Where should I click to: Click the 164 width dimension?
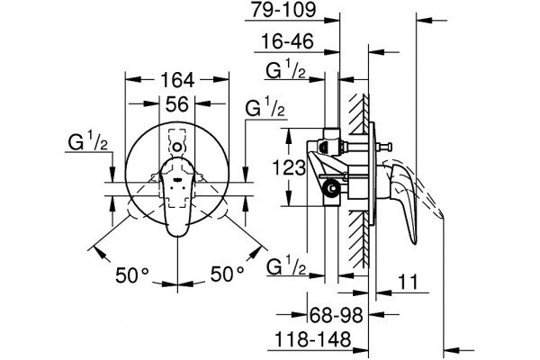click(x=177, y=80)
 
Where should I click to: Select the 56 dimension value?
click(x=177, y=104)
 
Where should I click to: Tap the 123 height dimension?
click(x=289, y=167)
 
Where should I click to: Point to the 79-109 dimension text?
click(x=283, y=10)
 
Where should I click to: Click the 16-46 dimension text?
click(x=288, y=41)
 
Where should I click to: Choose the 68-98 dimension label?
click(x=337, y=314)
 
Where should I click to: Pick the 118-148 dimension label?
click(x=312, y=339)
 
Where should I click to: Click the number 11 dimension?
click(x=408, y=282)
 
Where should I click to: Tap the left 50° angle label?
click(x=132, y=274)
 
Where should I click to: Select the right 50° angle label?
click(x=228, y=274)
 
